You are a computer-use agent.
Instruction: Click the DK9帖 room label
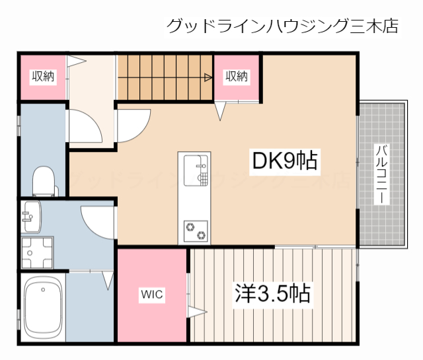pyautogui.click(x=284, y=161)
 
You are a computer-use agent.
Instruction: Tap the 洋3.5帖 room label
pyautogui.click(x=272, y=293)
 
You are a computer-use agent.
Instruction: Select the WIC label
pyautogui.click(x=151, y=294)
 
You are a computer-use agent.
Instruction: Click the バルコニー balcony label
pyautogui.click(x=381, y=174)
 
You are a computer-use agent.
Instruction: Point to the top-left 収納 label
pyautogui.click(x=43, y=77)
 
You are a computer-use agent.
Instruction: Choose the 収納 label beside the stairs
pyautogui.click(x=237, y=77)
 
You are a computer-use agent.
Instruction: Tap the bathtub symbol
pyautogui.click(x=43, y=306)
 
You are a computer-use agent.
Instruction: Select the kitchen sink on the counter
pyautogui.click(x=194, y=170)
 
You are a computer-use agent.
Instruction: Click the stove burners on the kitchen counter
pyautogui.click(x=194, y=230)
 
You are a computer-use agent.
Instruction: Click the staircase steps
pyautogui.click(x=165, y=77)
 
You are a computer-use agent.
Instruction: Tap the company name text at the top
pyautogui.click(x=282, y=26)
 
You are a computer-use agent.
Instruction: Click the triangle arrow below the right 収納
pyautogui.click(x=220, y=111)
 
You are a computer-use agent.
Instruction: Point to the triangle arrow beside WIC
pyautogui.click(x=196, y=311)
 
